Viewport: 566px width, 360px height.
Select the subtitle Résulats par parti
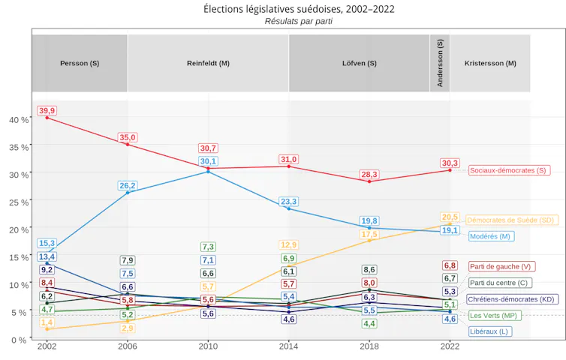tap(299, 21)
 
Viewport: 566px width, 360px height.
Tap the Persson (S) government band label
tap(80, 64)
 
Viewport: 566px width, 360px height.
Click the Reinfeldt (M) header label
tap(208, 64)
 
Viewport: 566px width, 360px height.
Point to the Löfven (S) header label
tap(360, 64)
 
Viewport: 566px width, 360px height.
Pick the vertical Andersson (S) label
tap(440, 63)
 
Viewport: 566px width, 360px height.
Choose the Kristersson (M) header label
tap(490, 64)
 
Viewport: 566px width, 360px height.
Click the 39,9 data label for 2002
tap(47, 111)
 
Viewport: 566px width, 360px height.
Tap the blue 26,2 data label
tap(128, 186)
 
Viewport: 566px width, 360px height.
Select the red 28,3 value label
tap(369, 175)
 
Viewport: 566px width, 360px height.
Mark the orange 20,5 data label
tap(450, 217)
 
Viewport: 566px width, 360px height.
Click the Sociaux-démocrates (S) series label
tap(510, 170)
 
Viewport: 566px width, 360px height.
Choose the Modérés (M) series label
tap(491, 236)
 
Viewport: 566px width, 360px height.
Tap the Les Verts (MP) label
tap(495, 316)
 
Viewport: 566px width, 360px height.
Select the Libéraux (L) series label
tap(490, 331)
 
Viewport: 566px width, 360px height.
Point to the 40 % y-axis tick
tap(19, 120)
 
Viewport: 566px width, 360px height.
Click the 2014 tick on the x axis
tap(288, 346)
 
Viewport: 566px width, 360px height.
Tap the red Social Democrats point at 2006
tap(128, 145)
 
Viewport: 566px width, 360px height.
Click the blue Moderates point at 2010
tap(208, 172)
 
